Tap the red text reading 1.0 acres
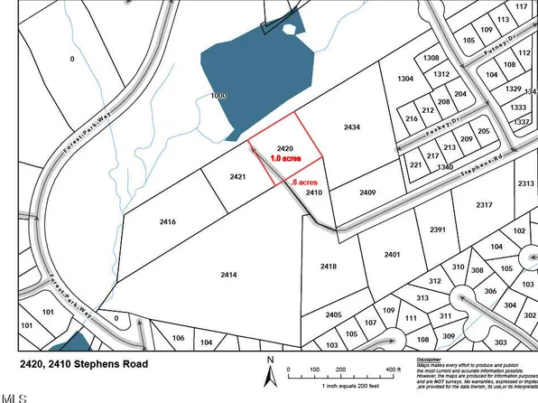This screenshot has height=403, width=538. [285, 157]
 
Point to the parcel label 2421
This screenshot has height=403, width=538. [237, 177]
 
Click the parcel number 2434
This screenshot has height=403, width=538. [352, 128]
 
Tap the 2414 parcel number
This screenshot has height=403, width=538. [228, 274]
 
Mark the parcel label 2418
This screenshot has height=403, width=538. [328, 266]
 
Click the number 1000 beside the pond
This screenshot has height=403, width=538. [218, 96]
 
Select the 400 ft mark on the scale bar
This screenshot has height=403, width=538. [393, 370]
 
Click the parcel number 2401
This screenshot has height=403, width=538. [392, 255]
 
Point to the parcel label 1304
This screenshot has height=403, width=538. [404, 79]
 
